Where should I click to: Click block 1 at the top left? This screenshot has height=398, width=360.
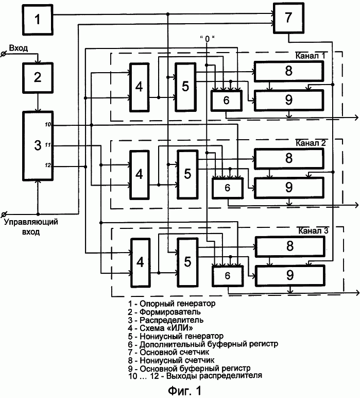(38, 20)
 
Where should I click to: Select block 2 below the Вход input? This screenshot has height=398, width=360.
(38, 78)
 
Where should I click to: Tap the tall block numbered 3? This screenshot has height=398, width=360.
(38, 146)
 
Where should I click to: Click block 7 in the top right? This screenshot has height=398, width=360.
(288, 18)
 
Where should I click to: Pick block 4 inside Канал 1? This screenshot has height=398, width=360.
(139, 87)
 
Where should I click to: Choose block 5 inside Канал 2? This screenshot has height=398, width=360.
(187, 174)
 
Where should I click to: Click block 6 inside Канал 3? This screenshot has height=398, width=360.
(228, 276)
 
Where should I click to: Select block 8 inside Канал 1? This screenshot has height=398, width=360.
(289, 71)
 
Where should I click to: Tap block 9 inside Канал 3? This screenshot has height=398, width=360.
(290, 276)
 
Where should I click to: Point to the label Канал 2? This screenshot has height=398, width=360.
(311, 143)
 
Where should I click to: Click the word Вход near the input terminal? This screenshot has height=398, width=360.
(18, 48)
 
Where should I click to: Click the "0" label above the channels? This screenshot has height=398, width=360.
(207, 39)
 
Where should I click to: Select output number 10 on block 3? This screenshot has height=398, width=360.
(48, 125)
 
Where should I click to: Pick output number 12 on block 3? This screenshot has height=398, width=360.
(48, 165)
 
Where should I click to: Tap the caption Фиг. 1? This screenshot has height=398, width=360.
(184, 390)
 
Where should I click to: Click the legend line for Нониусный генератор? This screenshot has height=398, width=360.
(176, 336)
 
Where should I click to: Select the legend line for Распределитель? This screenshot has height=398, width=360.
(165, 320)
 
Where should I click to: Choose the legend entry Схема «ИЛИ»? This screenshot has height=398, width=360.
(160, 328)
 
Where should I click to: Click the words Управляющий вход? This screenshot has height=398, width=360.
(31, 227)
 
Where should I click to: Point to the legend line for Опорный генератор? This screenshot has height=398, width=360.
(172, 304)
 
